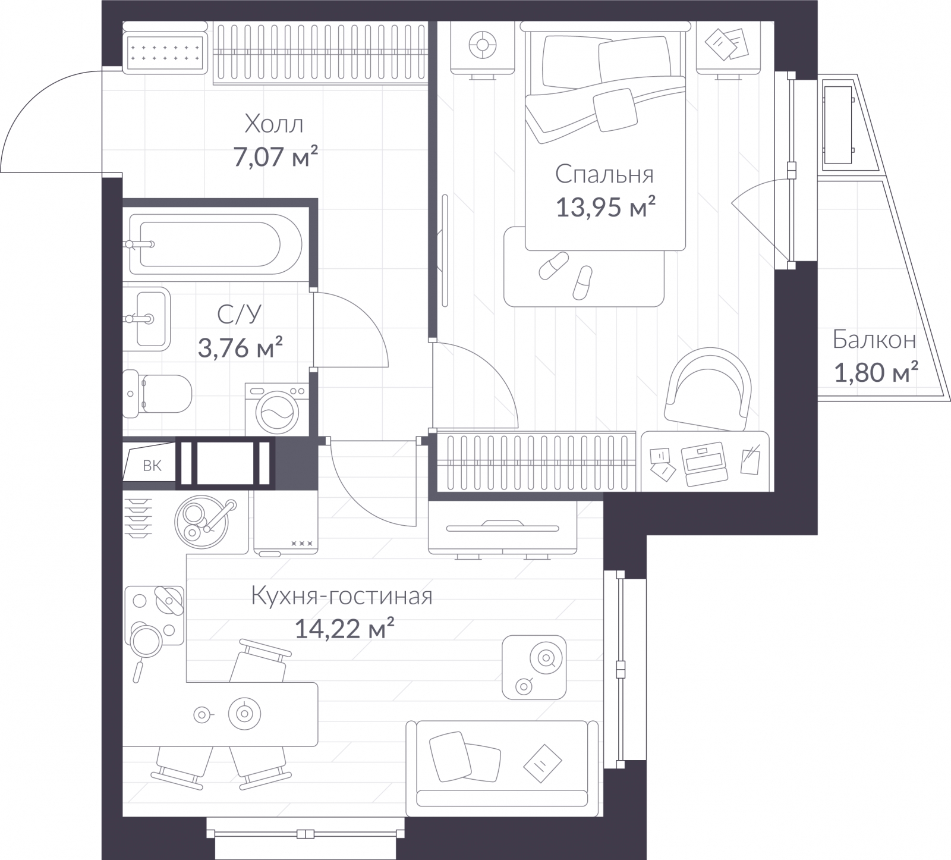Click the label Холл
coord(274,124)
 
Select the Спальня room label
coord(604,174)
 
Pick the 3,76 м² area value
coord(240,347)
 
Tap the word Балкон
coord(874,340)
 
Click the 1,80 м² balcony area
coord(876,373)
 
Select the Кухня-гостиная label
coord(342,595)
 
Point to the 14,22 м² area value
coord(345,628)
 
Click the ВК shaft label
coord(152,466)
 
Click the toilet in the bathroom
coord(158,392)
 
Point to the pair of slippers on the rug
coord(566,274)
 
